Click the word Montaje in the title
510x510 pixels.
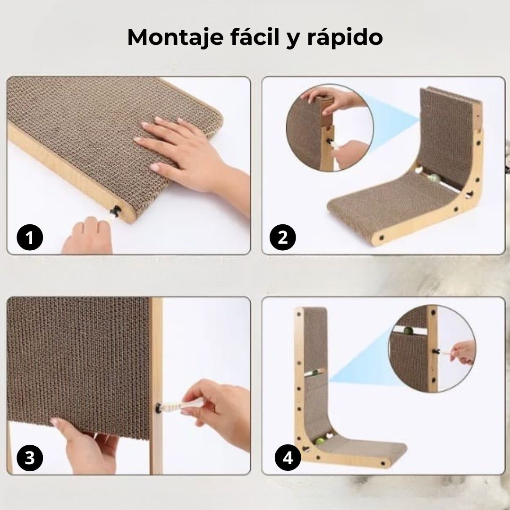point(175,38)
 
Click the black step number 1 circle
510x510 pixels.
point(30,237)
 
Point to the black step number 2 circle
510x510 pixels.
point(283,237)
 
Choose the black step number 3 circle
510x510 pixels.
point(30,458)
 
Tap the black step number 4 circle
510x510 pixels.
point(288,458)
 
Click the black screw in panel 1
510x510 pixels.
point(115,212)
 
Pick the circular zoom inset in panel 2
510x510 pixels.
point(330,128)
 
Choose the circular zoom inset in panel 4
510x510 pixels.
point(432,348)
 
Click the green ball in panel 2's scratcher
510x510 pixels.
point(434,178)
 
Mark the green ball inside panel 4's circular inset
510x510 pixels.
point(408,331)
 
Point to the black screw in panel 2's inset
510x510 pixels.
point(330,142)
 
